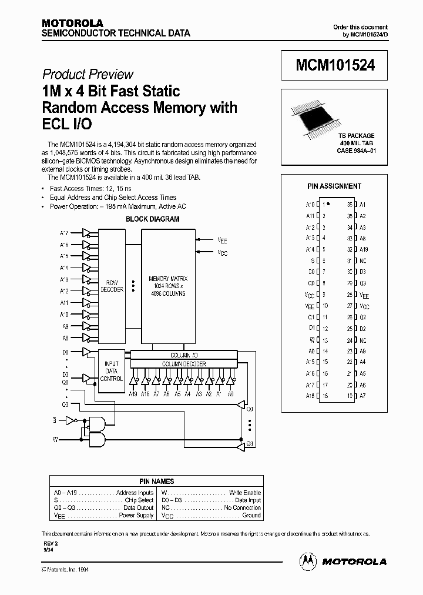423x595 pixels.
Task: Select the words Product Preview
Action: (88, 74)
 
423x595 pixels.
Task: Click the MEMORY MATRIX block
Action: (168, 285)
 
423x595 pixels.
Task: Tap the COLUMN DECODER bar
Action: (183, 364)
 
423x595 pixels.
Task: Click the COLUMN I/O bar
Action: (183, 355)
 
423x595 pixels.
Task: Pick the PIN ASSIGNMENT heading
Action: (334, 186)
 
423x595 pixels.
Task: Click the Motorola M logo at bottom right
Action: (308, 561)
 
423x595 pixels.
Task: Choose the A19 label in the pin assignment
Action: (363, 249)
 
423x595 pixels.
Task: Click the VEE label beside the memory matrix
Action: (222, 240)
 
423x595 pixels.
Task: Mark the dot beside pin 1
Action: (328, 204)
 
